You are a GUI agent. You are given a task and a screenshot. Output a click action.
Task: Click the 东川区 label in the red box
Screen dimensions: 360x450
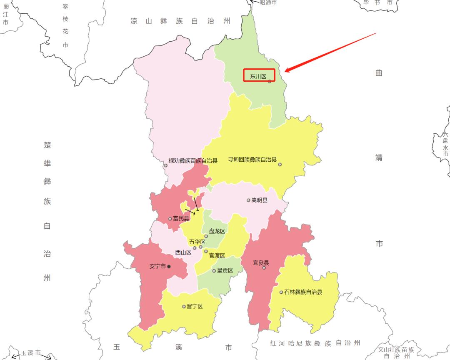(258, 77)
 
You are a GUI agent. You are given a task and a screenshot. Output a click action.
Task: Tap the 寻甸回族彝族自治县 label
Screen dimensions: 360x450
(252, 160)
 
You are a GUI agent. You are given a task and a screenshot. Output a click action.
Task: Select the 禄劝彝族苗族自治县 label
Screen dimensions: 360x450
(193, 161)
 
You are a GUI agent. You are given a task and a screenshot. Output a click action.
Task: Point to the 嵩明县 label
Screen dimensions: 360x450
(260, 200)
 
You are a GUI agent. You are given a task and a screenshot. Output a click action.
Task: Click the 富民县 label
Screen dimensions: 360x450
(181, 219)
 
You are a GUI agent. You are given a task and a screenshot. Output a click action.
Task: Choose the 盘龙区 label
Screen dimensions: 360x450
(217, 231)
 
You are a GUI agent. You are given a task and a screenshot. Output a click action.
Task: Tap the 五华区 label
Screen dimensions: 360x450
(197, 242)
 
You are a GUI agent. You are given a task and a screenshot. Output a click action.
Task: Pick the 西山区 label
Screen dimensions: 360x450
(183, 252)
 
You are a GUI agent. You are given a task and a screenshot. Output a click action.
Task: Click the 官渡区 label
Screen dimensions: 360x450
(217, 256)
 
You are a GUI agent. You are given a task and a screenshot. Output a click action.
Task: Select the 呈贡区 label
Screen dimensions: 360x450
(225, 270)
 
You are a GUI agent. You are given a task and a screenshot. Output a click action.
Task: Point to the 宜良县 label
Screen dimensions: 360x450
(261, 263)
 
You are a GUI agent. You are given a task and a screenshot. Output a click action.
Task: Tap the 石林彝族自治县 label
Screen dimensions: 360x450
(303, 292)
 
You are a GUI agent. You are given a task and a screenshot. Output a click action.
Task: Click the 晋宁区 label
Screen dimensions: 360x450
(195, 307)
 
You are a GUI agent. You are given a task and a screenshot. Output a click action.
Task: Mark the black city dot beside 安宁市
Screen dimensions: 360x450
(169, 266)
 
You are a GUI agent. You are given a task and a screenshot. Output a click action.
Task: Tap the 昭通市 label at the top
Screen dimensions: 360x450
(268, 2)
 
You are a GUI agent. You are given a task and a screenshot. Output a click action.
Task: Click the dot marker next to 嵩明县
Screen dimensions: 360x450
(248, 200)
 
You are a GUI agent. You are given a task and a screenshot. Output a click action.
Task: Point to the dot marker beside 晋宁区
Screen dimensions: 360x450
(184, 307)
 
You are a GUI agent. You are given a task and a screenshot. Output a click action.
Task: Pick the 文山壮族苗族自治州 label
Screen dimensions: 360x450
(396, 352)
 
